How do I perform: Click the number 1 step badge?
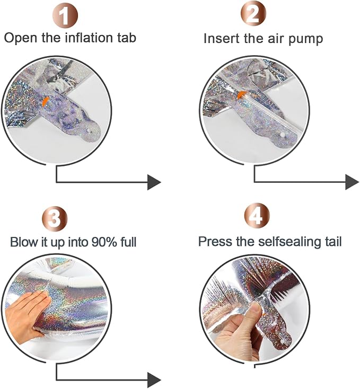(x=65, y=15)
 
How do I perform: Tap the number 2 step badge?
(x=253, y=14)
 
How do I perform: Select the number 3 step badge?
(x=55, y=219)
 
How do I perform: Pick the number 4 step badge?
(x=257, y=215)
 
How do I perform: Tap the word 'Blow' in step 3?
(x=23, y=242)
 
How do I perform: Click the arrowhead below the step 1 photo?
(x=154, y=182)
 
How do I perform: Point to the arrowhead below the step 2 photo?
(x=352, y=182)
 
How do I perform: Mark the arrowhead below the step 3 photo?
(x=154, y=380)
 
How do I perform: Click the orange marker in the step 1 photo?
(x=45, y=102)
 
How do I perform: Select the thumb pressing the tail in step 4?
(x=253, y=312)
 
